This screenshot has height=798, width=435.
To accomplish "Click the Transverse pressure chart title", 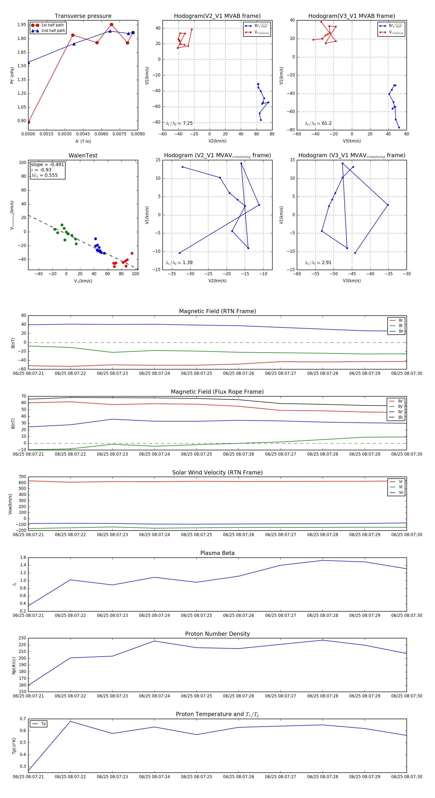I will point(83,16).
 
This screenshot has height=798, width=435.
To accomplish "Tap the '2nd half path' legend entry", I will point(53,31).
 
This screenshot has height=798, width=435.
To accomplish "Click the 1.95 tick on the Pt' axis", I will point(22,25).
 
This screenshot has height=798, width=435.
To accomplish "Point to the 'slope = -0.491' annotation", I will point(47,164).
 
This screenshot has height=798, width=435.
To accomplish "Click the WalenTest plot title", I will point(83,155).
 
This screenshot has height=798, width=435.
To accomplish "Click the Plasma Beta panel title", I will point(217,553).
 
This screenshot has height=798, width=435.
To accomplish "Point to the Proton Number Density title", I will point(217,634).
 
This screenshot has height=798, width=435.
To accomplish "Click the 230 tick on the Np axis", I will point(22,638).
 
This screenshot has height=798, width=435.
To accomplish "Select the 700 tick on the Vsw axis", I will point(22,477).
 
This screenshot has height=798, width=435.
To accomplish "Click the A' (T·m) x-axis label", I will point(83,141).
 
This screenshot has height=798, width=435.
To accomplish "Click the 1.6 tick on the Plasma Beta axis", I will point(23,558).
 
